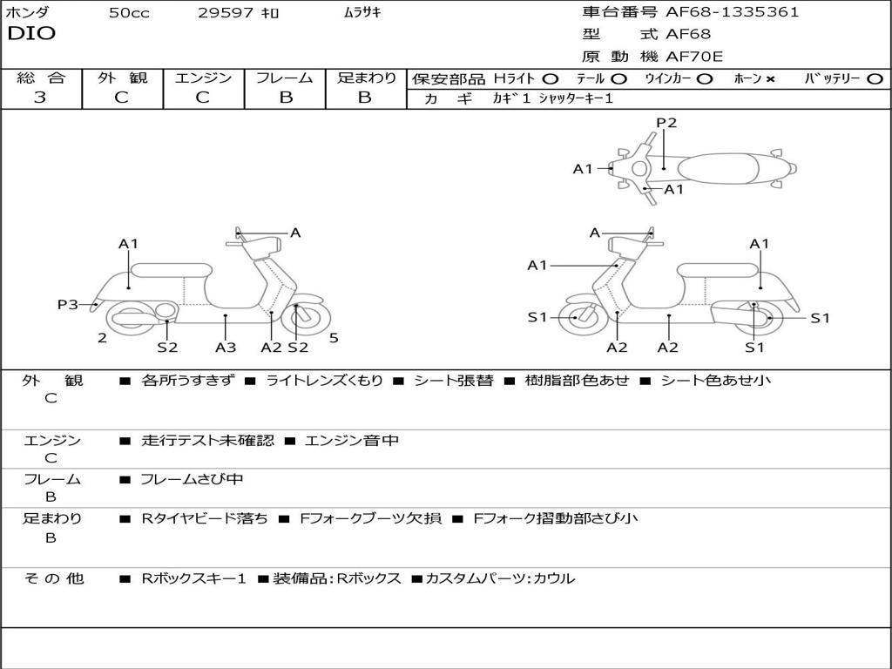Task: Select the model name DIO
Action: pos(31,34)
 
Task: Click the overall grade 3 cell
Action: pos(40,98)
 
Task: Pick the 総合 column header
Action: pos(40,78)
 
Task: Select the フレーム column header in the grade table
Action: pos(285,78)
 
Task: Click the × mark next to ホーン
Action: pos(770,78)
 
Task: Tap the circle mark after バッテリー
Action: pos(875,78)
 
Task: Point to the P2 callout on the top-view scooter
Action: pos(666,123)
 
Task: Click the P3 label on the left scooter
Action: pos(68,304)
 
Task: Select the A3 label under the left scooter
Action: pos(226,347)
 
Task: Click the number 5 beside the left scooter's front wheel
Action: pos(334,338)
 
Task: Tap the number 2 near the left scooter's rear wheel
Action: pos(102,338)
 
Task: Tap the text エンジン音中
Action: pos(352,441)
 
